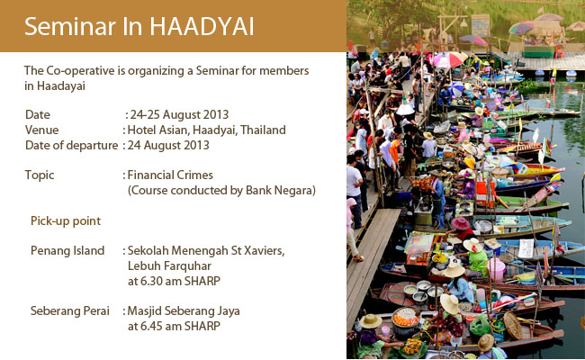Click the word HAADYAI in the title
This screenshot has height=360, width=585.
(x=202, y=26)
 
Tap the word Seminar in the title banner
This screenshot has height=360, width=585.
(x=70, y=26)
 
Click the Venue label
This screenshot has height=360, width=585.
(x=41, y=130)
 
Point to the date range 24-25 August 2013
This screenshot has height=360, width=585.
(x=179, y=114)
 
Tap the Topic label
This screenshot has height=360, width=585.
(x=40, y=175)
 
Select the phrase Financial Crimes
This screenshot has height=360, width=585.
(x=170, y=175)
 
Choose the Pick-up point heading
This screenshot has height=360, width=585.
(x=66, y=220)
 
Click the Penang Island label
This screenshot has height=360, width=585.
(x=67, y=251)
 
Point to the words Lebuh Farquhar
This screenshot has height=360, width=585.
(x=169, y=266)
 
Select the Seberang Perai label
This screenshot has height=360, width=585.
(x=70, y=310)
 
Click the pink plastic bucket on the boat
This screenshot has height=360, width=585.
(x=496, y=270)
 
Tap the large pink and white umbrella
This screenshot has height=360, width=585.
(x=450, y=58)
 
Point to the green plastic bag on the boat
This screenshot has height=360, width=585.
(x=479, y=325)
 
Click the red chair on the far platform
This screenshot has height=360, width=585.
(x=559, y=51)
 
